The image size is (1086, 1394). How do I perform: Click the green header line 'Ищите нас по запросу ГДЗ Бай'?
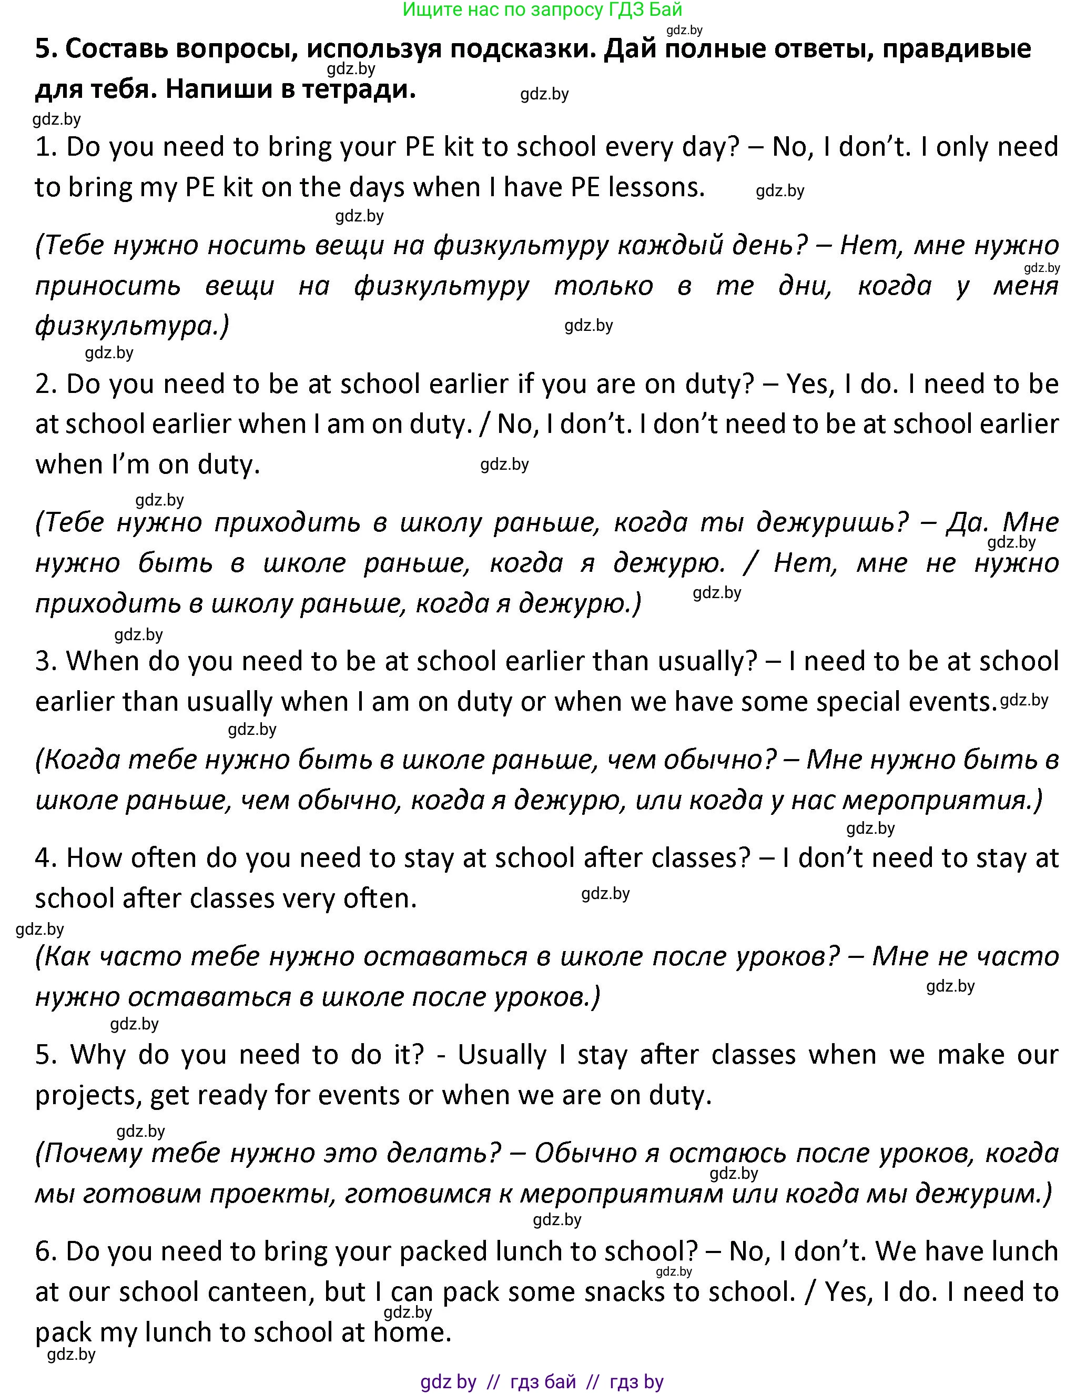542,9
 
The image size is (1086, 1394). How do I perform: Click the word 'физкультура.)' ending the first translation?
131,326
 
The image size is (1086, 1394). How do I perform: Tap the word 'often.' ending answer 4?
380,898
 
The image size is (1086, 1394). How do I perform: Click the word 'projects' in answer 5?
88,1095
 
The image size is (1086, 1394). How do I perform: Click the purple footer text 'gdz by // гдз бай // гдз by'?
542,1382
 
